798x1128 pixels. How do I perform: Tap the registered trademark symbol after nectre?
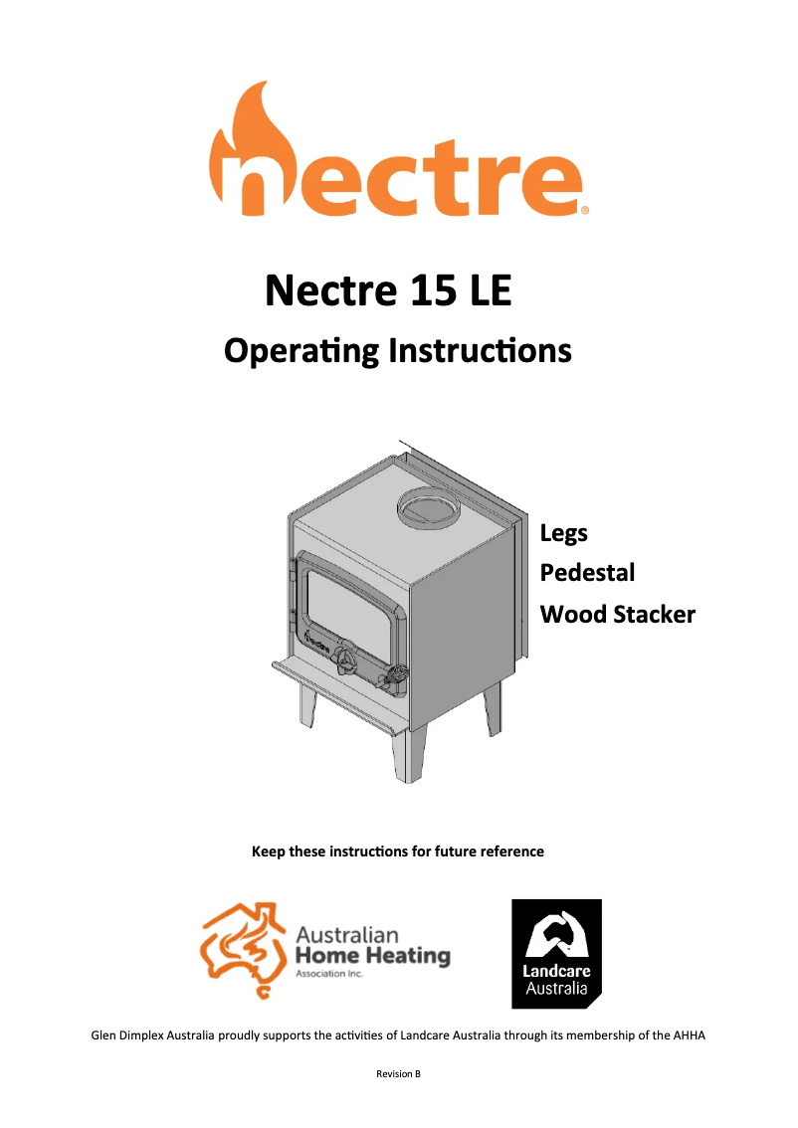pyautogui.click(x=585, y=210)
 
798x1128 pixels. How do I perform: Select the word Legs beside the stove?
pyautogui.click(x=563, y=533)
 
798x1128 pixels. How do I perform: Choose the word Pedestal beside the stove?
pyautogui.click(x=587, y=573)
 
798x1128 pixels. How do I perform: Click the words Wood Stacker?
pyautogui.click(x=617, y=614)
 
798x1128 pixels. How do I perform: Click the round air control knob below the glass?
pyautogui.click(x=345, y=660)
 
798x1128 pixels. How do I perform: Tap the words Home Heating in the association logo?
pyautogui.click(x=372, y=957)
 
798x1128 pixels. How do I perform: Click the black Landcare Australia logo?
pyautogui.click(x=556, y=953)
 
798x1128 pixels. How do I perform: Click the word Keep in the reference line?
pyautogui.click(x=269, y=851)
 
